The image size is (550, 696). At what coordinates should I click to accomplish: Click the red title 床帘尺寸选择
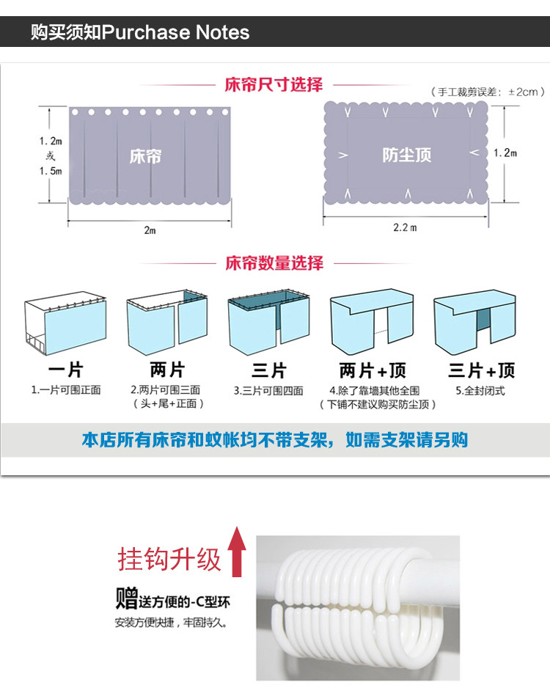coord(274,85)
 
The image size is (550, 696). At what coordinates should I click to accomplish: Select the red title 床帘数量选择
coord(274,263)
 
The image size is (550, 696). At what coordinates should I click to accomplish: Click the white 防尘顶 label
coord(406,155)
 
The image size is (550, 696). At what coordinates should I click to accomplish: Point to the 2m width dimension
coord(150,230)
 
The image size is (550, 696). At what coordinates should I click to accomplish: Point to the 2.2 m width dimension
coord(405,227)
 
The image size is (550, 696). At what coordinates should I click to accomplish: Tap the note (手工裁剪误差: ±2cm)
coord(488,92)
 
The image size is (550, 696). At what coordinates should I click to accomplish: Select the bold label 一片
coord(66,370)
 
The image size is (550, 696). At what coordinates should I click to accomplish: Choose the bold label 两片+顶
coord(372,370)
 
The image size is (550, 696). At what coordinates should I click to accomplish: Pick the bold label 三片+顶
coord(481,370)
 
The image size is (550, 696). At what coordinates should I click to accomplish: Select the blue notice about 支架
coord(274,440)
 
